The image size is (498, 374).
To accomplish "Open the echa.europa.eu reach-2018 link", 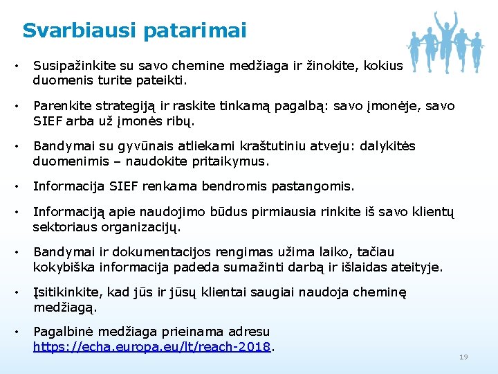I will coord(151,346).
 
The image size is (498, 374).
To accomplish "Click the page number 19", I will coord(463,357).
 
